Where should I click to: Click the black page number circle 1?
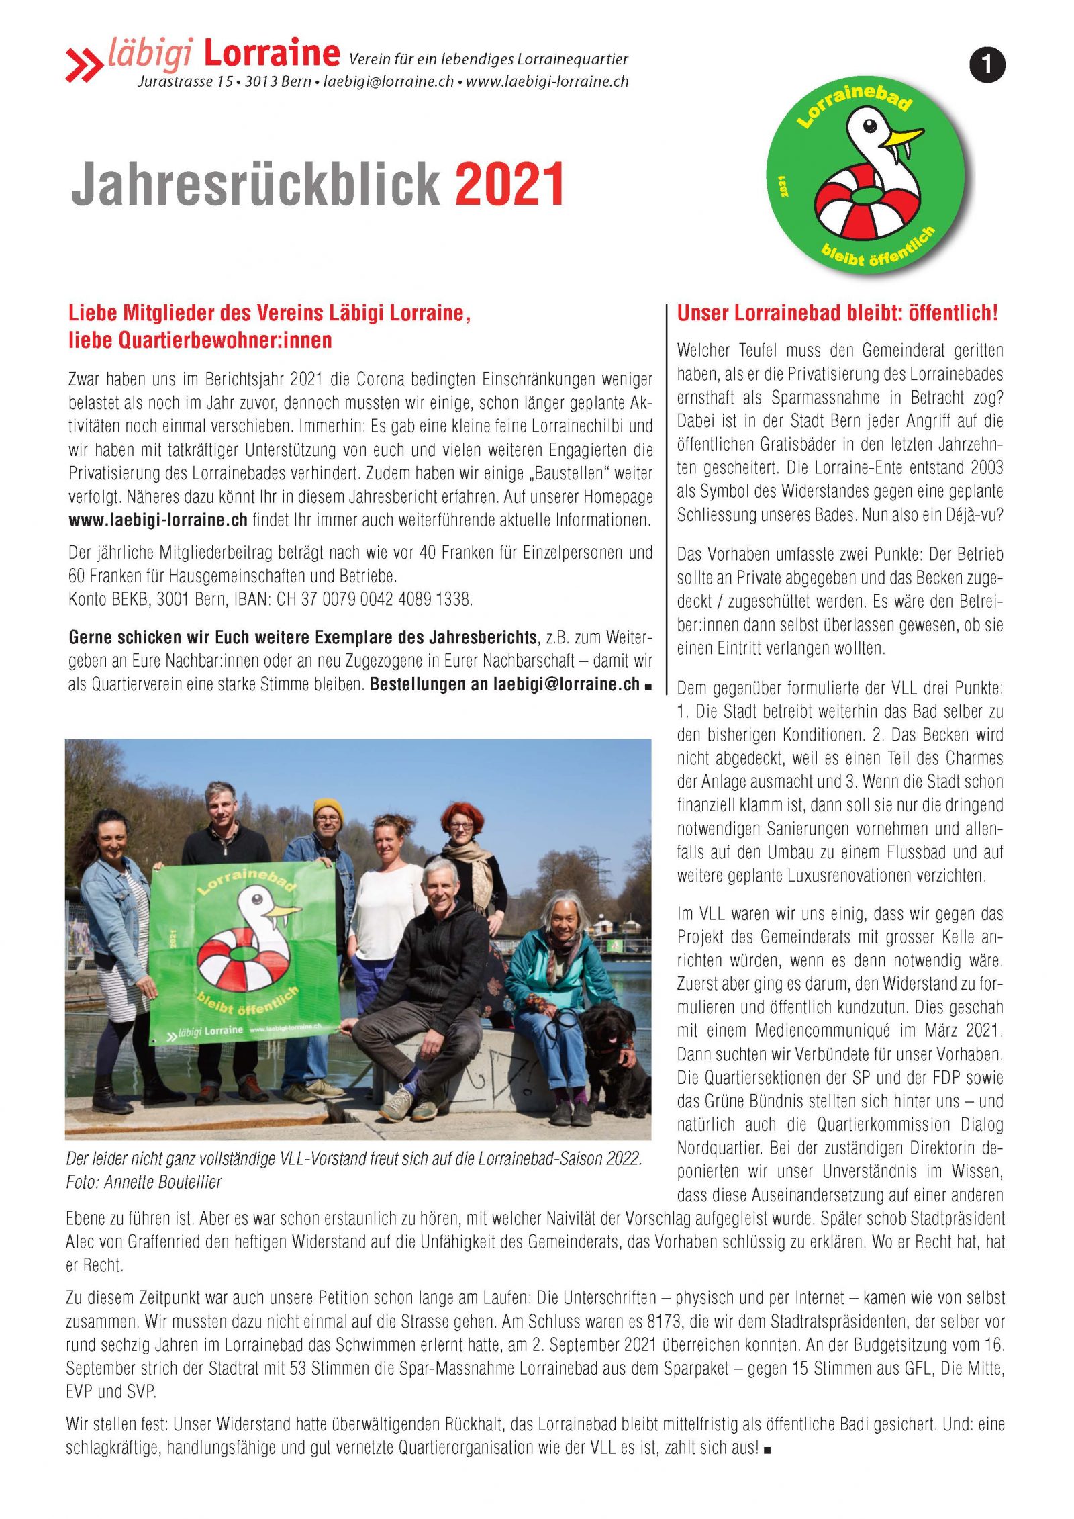coord(987,65)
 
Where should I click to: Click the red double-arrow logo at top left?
coord(83,65)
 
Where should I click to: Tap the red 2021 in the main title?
coord(510,184)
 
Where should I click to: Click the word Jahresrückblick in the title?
coord(255,184)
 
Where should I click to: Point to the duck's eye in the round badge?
coord(869,126)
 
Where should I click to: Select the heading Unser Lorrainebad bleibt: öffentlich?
coord(837,313)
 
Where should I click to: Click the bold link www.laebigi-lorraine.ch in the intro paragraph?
coord(158,520)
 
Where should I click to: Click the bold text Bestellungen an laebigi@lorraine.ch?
coord(505,684)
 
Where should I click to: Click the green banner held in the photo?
coord(242,954)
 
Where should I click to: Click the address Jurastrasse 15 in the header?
coord(185,82)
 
